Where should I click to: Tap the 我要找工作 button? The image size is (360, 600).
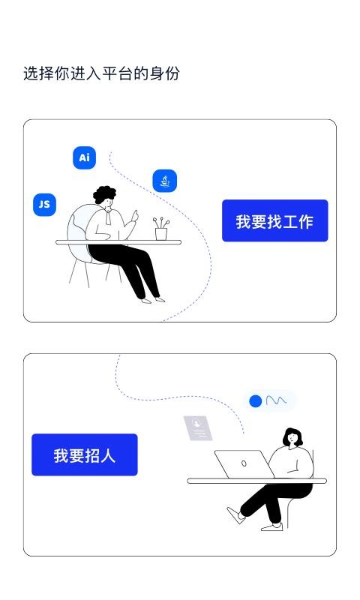pos(274,220)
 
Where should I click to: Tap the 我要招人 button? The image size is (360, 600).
pos(84,454)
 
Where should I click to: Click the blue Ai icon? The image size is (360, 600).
pos(85,157)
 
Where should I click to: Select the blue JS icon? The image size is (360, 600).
pos(45,204)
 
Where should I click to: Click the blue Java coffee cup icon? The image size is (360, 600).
pos(164,181)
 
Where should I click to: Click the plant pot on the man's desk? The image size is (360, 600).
pos(161,233)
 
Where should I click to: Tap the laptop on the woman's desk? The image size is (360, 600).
pos(243,464)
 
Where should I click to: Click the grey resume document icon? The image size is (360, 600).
pos(198,428)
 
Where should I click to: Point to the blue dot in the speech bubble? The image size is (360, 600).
pos(256,401)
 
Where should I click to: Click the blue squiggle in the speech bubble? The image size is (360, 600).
pos(276,400)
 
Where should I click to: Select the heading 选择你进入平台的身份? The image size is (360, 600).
pos(101,73)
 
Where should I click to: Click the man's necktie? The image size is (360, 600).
pos(109,218)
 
